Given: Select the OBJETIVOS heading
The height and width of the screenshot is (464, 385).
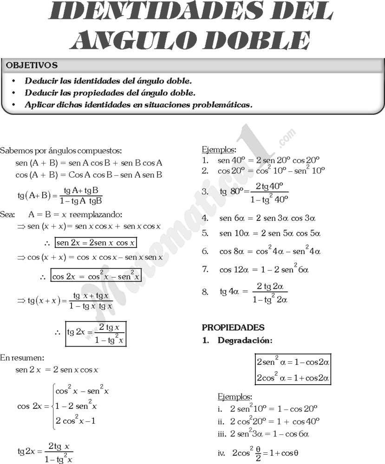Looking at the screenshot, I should click(32, 65).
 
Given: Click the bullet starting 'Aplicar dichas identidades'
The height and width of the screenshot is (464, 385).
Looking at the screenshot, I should click(138, 105).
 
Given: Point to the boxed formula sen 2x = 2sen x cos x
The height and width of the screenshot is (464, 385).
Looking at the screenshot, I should click(95, 243).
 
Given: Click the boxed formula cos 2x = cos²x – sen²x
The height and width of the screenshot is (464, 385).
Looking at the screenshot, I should click(96, 276).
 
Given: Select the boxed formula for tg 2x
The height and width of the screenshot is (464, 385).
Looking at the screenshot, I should click(96, 333).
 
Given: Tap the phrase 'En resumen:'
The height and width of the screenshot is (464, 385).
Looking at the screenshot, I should click(22, 358).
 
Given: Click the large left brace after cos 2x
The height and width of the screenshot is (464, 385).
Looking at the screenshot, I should click(53, 406).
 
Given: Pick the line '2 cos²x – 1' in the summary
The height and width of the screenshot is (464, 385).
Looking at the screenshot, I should click(76, 421).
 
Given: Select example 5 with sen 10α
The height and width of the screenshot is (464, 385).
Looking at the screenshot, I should click(270, 233).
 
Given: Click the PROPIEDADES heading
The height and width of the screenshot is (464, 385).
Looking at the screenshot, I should click(233, 328).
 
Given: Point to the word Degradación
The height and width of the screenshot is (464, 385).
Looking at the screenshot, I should click(245, 341).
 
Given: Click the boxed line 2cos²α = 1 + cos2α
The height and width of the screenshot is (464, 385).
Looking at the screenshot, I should click(293, 378).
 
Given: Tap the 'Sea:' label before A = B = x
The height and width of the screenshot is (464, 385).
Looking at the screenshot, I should click(8, 214).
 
